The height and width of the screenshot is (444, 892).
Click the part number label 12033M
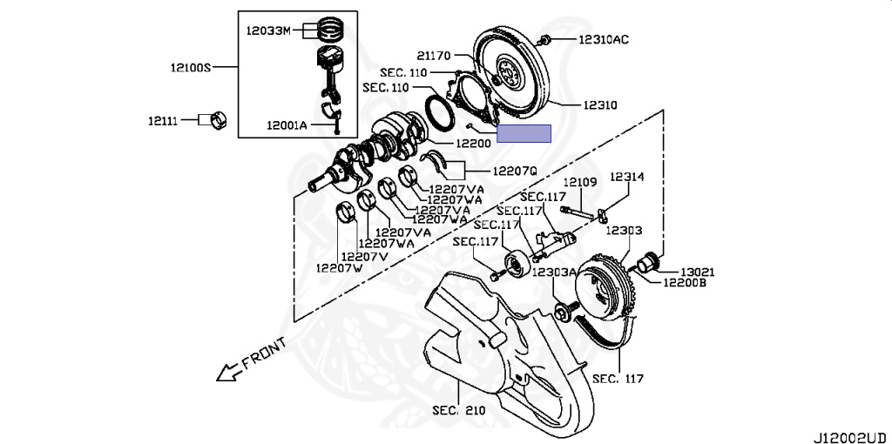click(x=268, y=30)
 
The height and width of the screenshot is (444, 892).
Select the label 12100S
click(x=191, y=68)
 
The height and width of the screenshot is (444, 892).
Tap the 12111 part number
click(x=163, y=120)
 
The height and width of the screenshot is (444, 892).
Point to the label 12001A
click(x=287, y=125)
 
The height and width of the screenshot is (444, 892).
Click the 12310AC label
click(x=605, y=40)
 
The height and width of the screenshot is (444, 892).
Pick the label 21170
click(x=434, y=56)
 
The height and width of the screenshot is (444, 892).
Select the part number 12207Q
click(x=514, y=171)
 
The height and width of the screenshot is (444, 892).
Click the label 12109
click(x=580, y=182)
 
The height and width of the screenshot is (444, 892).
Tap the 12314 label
click(x=627, y=177)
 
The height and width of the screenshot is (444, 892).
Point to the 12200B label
click(x=686, y=281)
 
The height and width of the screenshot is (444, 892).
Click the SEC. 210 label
click(x=458, y=409)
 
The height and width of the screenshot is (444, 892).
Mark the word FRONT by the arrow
click(x=264, y=353)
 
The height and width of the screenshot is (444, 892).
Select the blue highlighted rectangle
click(x=524, y=133)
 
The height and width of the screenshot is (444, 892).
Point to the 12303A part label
click(x=554, y=272)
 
